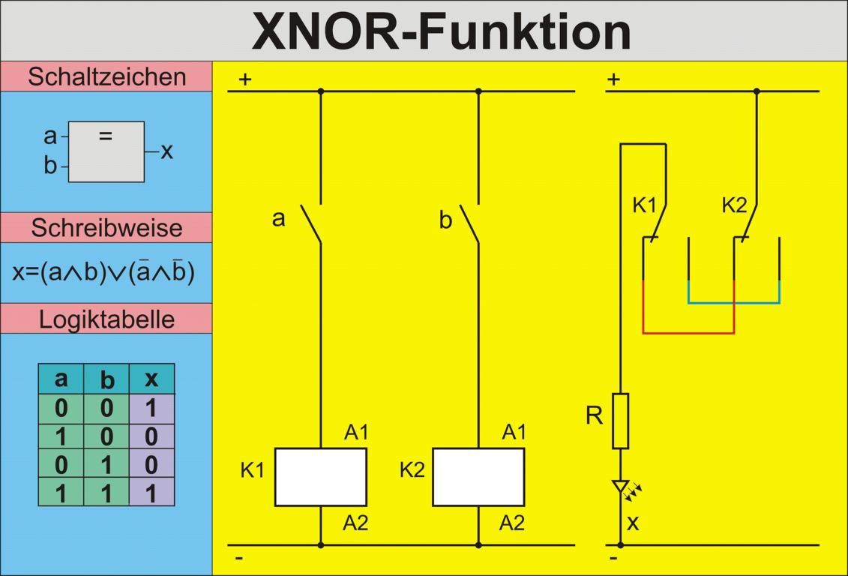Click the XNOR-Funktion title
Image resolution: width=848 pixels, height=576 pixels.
pos(441,31)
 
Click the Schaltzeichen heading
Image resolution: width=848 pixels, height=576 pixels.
pos(106,76)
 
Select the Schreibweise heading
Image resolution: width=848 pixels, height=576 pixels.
pos(106,227)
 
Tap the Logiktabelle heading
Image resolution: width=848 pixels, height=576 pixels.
pos(106,319)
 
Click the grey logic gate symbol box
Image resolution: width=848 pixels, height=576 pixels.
pos(106,152)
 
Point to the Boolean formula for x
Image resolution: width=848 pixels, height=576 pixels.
pos(103,271)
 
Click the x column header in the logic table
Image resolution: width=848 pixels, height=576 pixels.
pos(151,379)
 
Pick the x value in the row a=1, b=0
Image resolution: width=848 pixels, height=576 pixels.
pos(151,436)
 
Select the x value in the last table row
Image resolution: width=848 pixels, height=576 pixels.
pos(151,493)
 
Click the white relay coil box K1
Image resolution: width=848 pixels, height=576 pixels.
pos(320,477)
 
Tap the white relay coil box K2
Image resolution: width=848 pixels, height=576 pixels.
pos(478,477)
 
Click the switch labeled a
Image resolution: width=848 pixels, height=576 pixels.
pos(310,223)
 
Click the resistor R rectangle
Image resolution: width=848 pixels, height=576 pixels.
pos(620,421)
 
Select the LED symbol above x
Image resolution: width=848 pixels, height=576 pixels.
pos(621,488)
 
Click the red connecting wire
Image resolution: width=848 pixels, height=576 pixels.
pos(688,332)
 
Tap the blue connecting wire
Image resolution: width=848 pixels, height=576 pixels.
pos(734,303)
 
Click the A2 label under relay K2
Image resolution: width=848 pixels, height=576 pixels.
pos(512,523)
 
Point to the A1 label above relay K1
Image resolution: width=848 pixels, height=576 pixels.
pos(356,433)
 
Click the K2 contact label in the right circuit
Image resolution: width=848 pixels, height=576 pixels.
pos(734,205)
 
